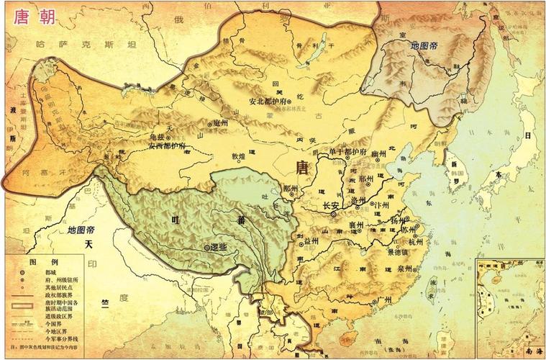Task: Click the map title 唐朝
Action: click(27, 16)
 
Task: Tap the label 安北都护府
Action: click(268, 102)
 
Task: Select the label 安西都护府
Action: click(167, 145)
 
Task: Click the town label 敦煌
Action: click(237, 155)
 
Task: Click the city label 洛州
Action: click(357, 200)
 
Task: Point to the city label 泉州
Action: click(403, 269)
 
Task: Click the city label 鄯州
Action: click(291, 188)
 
